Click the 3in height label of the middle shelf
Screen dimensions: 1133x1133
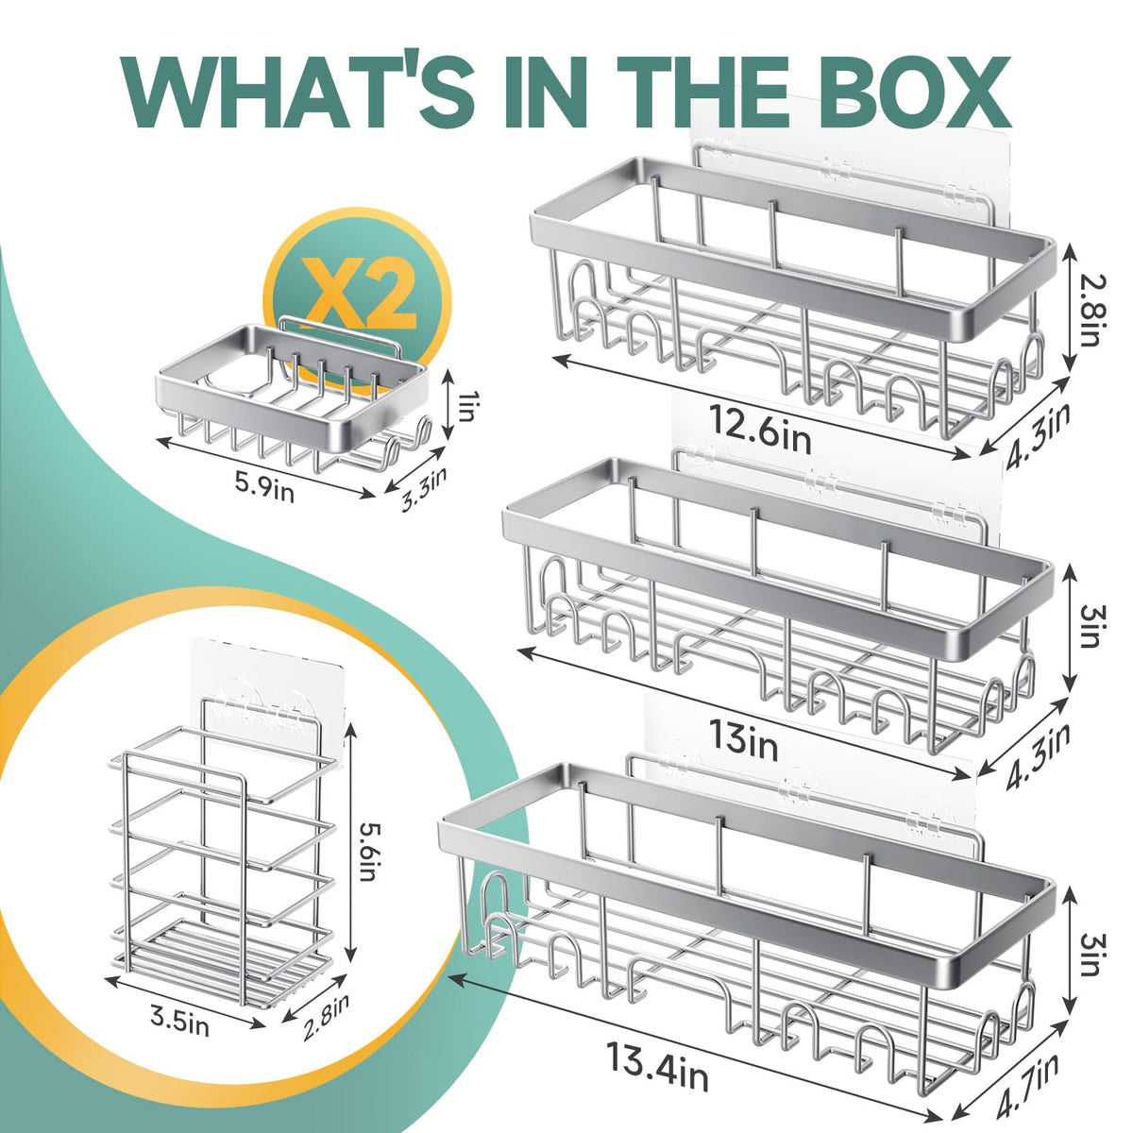(1091, 626)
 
